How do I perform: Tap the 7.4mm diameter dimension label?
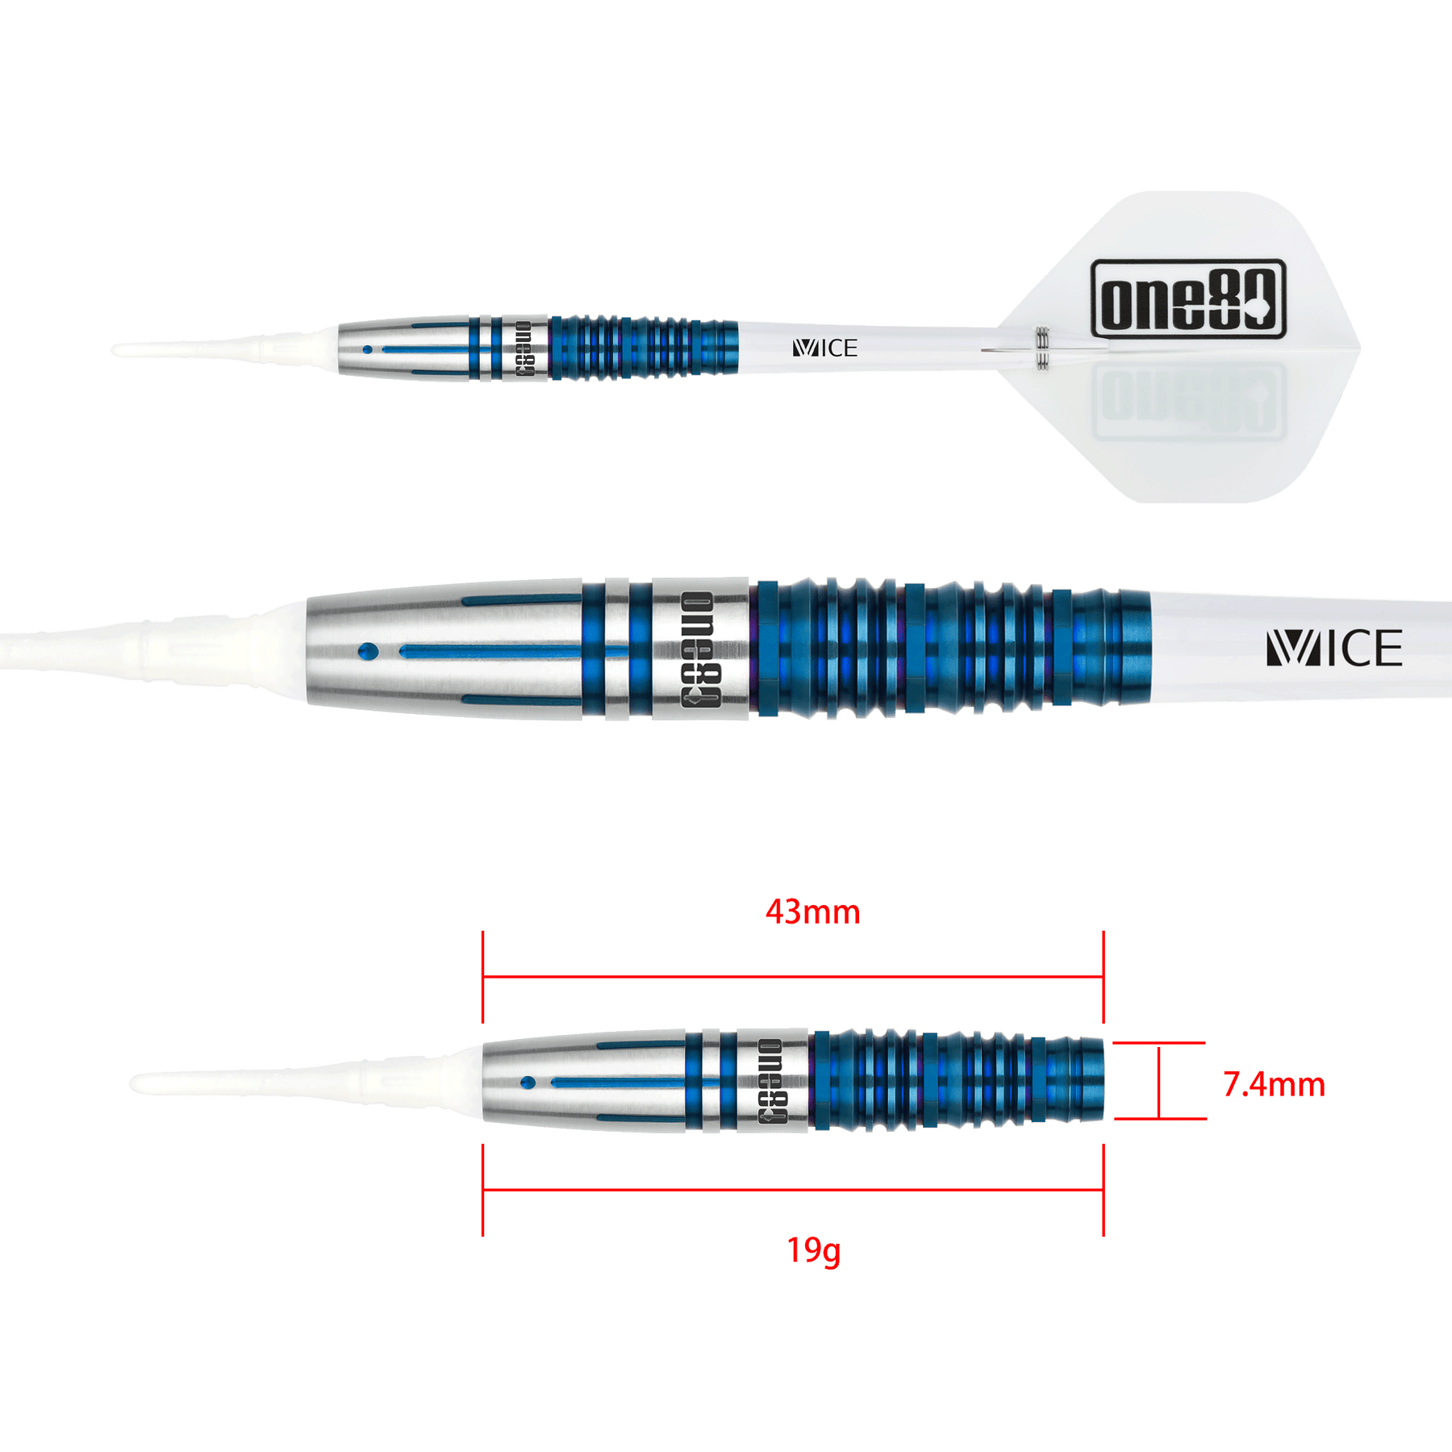pos(1274,1085)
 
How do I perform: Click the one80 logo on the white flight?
pos(1187,295)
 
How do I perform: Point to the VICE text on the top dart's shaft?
pos(824,348)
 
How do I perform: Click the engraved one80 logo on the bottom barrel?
pos(771,1081)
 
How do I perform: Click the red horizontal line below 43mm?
pos(792,979)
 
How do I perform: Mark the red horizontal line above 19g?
pos(792,1190)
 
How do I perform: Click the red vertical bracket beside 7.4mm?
pos(1158,1082)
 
